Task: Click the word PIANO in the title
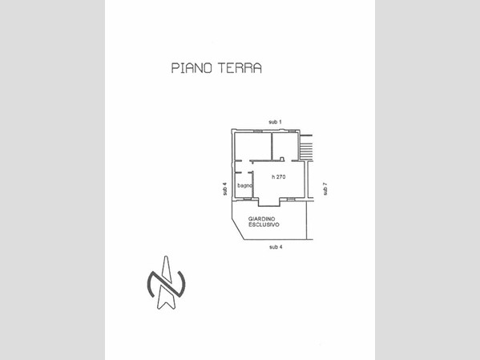(x=192, y=67)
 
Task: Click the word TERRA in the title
(x=240, y=67)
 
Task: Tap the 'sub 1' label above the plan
(x=275, y=122)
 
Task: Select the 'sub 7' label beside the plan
(x=325, y=188)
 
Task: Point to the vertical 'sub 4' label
(x=224, y=189)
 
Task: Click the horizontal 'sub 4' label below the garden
(x=276, y=247)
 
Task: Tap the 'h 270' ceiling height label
(x=279, y=176)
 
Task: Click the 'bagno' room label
(x=245, y=185)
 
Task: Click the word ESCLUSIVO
(x=264, y=224)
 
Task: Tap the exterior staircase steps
(x=306, y=148)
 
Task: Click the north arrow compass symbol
(x=166, y=283)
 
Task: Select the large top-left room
(x=253, y=146)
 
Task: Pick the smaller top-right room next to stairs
(x=285, y=146)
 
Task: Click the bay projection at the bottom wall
(x=269, y=202)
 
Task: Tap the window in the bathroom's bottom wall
(x=247, y=199)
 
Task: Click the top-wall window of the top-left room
(x=258, y=131)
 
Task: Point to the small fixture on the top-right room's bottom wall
(x=282, y=159)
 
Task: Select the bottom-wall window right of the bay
(x=291, y=199)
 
